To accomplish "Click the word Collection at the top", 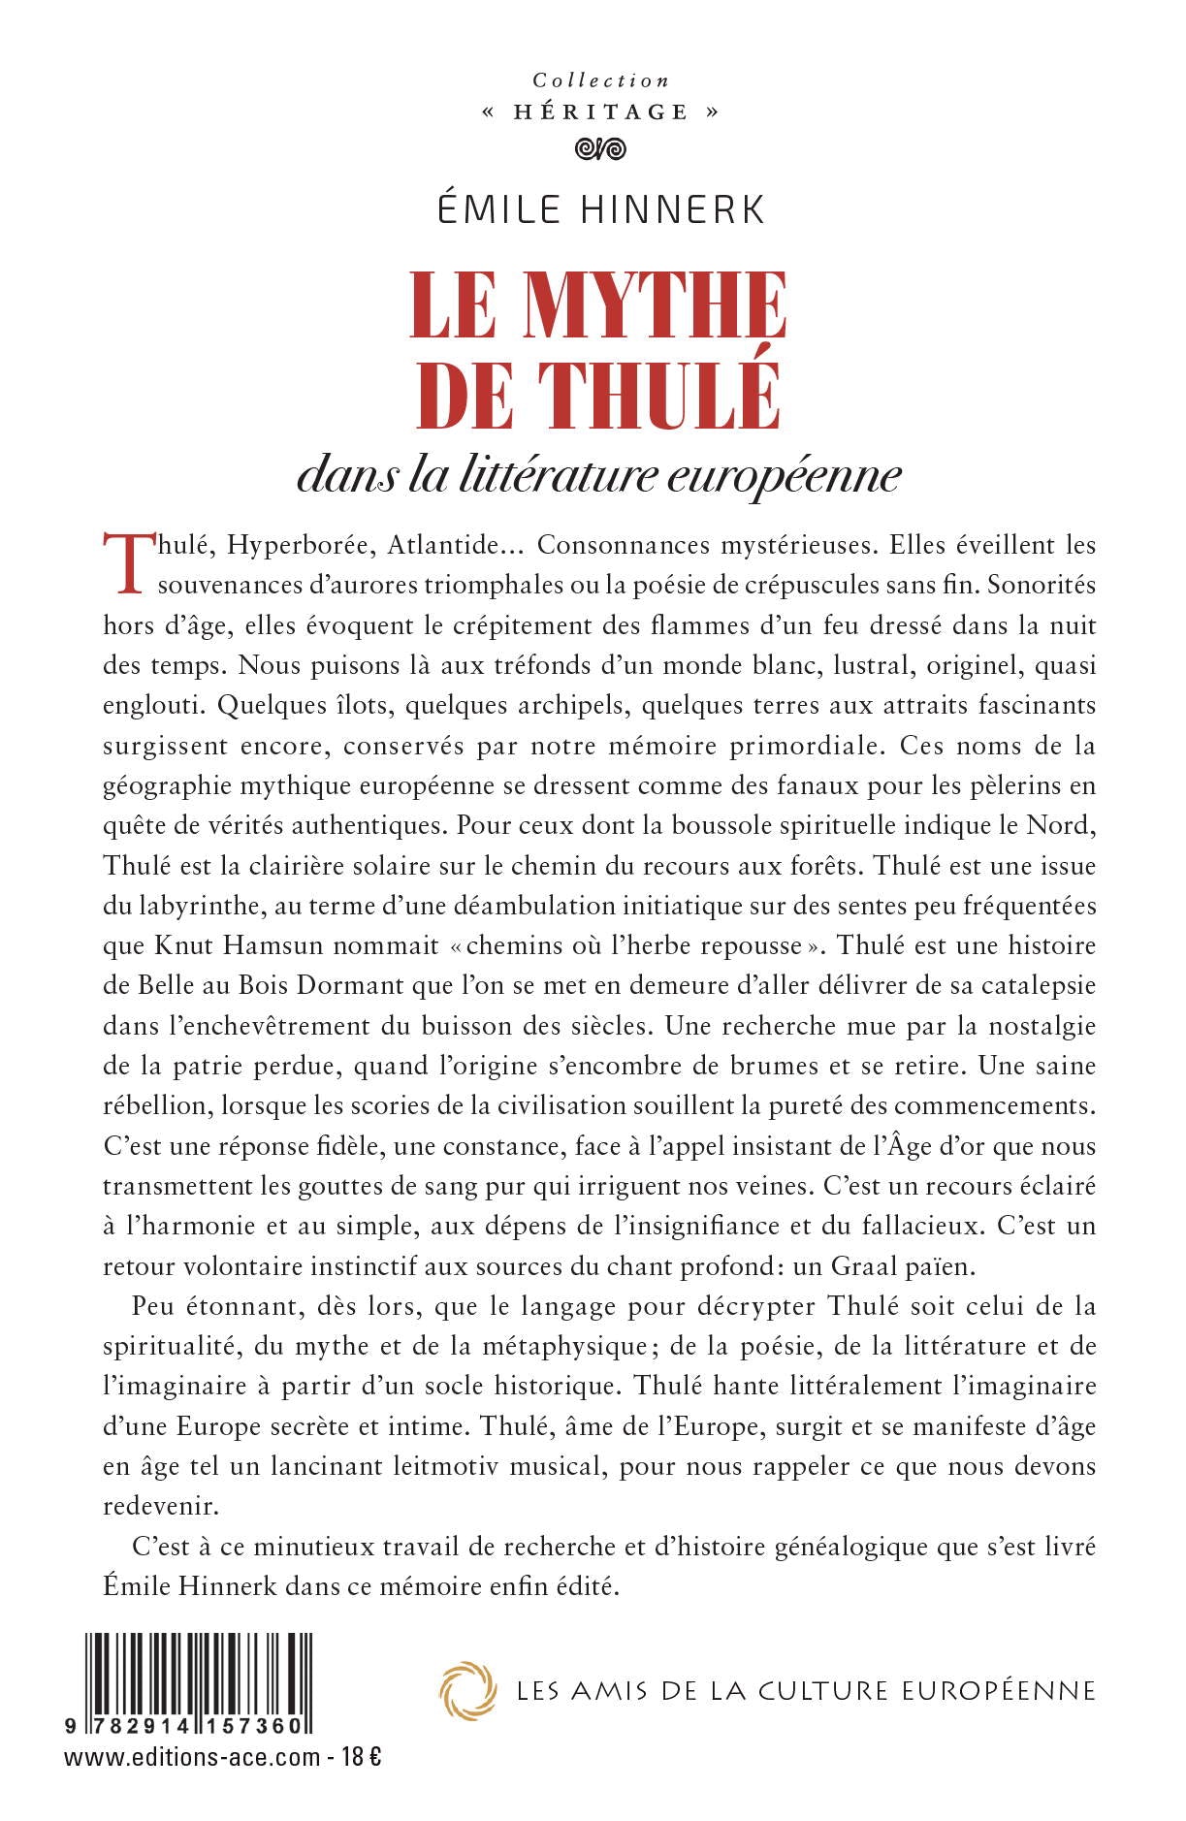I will (600, 80).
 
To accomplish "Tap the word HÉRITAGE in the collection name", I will (600, 112).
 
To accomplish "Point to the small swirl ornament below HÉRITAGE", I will (600, 149).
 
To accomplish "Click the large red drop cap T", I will (126, 562).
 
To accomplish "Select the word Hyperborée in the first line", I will (297, 545).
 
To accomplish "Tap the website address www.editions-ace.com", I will (192, 1756).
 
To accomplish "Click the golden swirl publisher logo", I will (467, 1691).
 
